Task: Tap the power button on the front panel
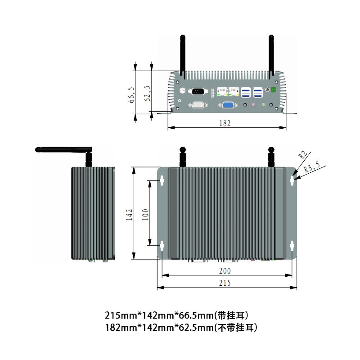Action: [x=267, y=90]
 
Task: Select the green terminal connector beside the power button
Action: [x=273, y=90]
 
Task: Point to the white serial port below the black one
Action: [x=198, y=105]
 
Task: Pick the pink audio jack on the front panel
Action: [x=253, y=105]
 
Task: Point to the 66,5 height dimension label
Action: [x=131, y=95]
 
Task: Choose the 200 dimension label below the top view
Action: [x=225, y=271]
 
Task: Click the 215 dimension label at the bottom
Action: [x=225, y=283]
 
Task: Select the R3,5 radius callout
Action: [x=311, y=169]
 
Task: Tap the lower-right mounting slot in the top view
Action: [x=292, y=246]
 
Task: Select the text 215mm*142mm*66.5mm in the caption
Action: [x=159, y=314]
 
